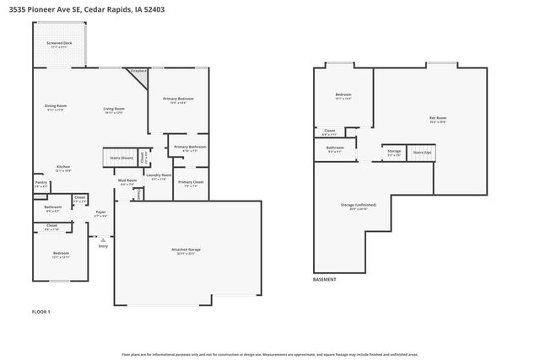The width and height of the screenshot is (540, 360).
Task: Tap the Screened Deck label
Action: [x=59, y=42]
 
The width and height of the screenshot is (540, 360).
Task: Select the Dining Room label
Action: [x=55, y=106]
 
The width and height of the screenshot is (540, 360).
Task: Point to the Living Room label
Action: [x=114, y=108]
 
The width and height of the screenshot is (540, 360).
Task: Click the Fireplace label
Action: [x=139, y=71]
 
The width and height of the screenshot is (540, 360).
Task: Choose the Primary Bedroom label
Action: [x=178, y=99]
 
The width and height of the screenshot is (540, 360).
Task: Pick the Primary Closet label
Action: [x=190, y=182]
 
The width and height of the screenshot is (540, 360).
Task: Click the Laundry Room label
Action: [x=159, y=175]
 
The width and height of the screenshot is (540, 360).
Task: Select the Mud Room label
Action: [x=127, y=180]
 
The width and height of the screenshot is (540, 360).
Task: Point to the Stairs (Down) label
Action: [x=121, y=158]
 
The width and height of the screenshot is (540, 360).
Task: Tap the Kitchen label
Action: [x=63, y=166]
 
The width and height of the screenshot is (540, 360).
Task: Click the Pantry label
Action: [x=40, y=182]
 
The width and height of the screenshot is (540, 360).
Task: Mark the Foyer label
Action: [x=100, y=212]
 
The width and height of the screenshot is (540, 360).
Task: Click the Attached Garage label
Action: [x=185, y=250]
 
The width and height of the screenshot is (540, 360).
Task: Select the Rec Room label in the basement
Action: [x=437, y=117]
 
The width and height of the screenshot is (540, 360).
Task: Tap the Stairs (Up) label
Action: [x=422, y=153]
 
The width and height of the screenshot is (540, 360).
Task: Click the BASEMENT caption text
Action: [x=324, y=279]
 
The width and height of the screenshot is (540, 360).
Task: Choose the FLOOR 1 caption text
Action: [x=40, y=312]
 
